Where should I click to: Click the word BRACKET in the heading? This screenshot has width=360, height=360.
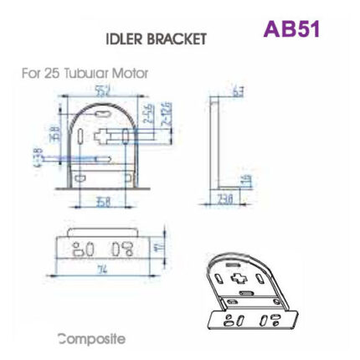coord(178,39)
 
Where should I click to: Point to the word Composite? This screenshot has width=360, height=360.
coord(92,339)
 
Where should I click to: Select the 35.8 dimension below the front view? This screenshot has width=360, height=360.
coord(102,201)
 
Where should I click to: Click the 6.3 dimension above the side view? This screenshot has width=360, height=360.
coord(240,91)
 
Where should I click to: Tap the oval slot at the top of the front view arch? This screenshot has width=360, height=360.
coord(102,111)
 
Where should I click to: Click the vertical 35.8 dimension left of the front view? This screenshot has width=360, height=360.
coord(52,134)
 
